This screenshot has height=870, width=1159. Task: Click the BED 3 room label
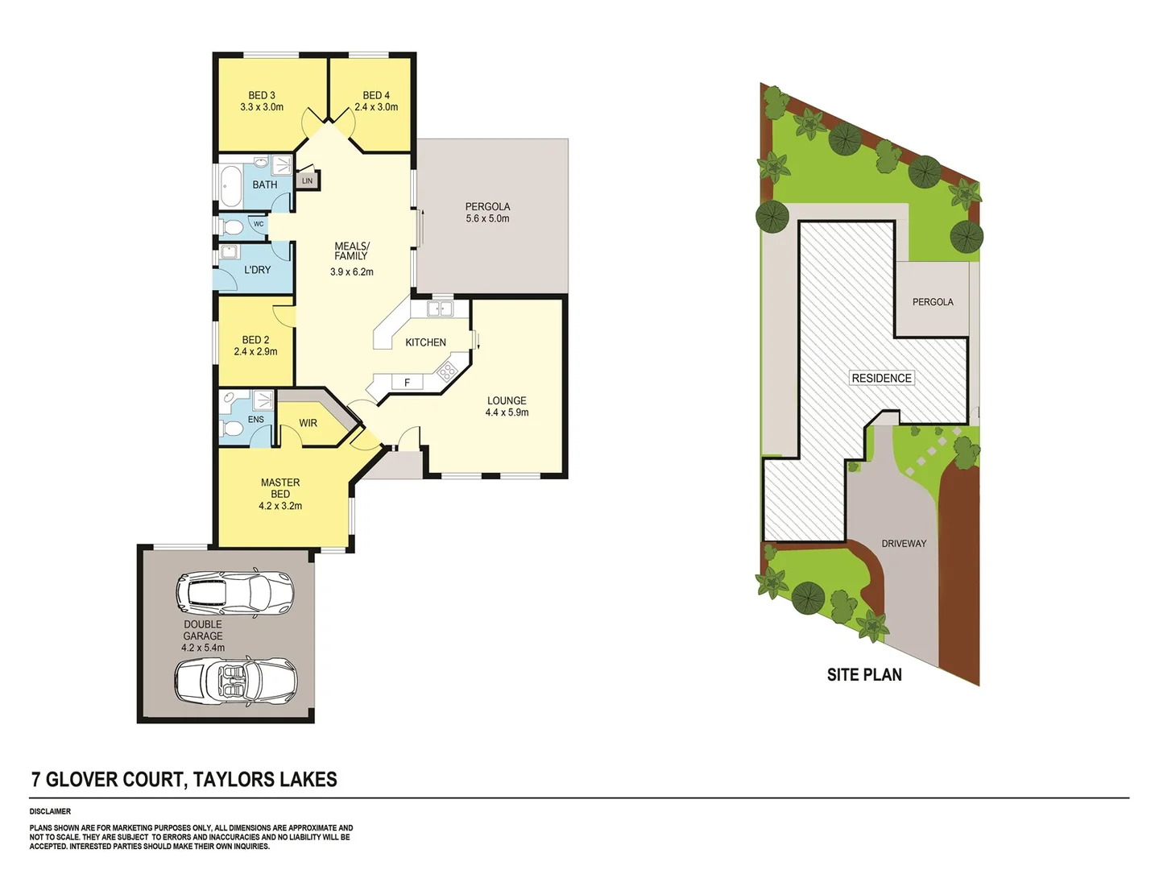click(262, 95)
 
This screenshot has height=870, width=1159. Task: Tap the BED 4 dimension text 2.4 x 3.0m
click(376, 107)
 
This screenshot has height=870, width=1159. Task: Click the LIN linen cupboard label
click(307, 181)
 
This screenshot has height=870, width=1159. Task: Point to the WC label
click(259, 224)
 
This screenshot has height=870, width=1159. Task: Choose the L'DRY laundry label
click(258, 270)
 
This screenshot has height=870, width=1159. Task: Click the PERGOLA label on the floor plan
click(487, 207)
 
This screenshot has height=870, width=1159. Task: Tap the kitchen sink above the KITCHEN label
click(440, 309)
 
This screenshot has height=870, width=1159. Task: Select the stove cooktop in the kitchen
click(446, 370)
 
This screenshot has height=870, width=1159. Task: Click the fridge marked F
click(407, 383)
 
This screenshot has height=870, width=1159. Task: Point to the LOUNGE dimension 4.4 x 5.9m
click(507, 412)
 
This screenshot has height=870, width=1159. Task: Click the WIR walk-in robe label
click(308, 423)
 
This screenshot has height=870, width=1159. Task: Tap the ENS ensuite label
click(255, 420)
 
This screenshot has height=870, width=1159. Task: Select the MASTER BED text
click(280, 488)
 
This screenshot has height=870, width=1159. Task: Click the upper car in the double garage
click(234, 593)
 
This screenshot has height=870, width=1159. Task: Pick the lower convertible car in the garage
click(235, 679)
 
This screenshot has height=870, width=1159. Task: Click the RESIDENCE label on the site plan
click(881, 378)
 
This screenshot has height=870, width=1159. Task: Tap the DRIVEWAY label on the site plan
click(904, 544)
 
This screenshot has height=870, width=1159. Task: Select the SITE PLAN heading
click(864, 675)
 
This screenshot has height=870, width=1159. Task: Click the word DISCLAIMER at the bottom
click(50, 811)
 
